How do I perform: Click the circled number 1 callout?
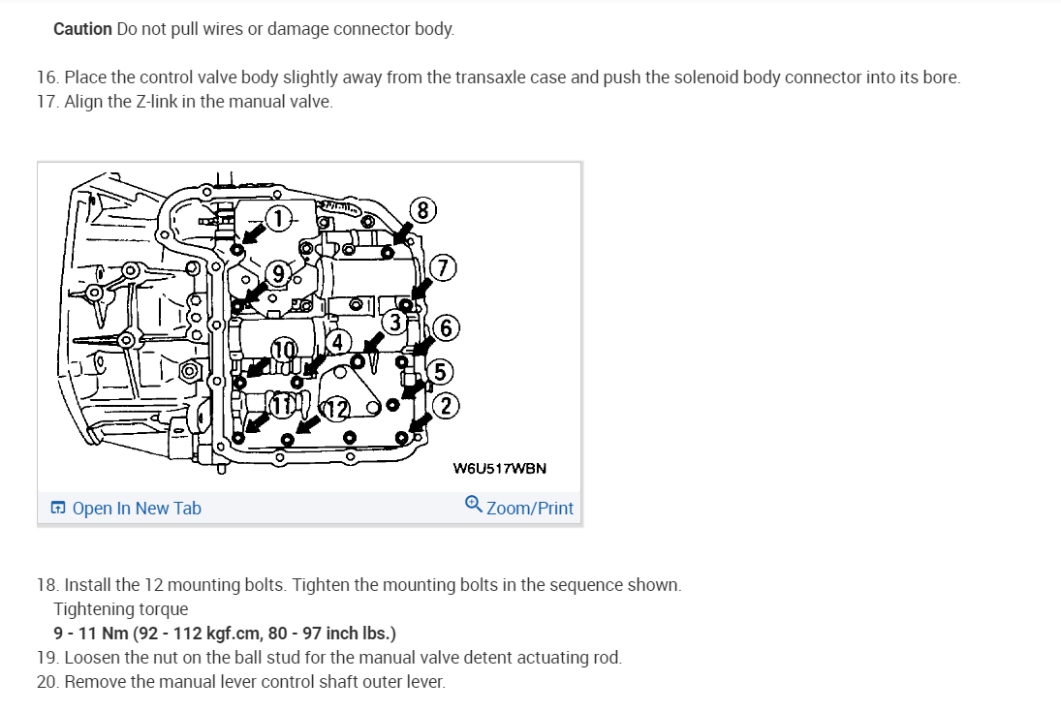coord(279,219)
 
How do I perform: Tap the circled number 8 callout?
coord(422,210)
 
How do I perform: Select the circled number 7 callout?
coord(443,268)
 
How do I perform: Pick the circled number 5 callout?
coord(439,371)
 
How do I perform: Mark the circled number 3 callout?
coord(395,323)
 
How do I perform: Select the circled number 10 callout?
coord(282,348)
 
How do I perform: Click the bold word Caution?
coord(82,29)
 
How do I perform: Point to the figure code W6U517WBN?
coord(499,469)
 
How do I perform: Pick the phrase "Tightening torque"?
coord(121,609)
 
